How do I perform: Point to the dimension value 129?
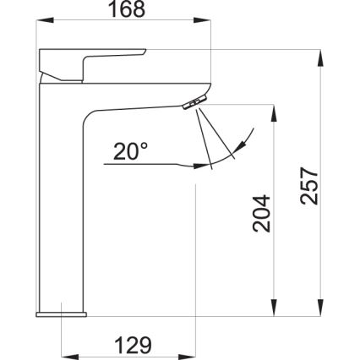(x=132, y=344)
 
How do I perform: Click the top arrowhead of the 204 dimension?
(x=274, y=111)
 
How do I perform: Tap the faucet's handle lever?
(x=93, y=62)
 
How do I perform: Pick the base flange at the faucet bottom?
(x=61, y=314)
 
